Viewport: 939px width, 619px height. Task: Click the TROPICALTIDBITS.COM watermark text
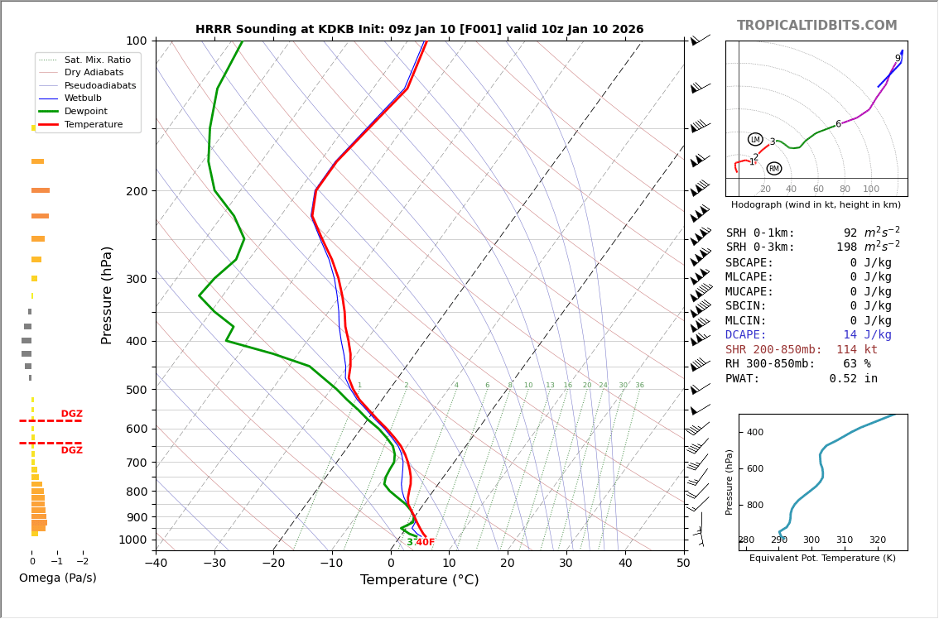pyautogui.click(x=816, y=26)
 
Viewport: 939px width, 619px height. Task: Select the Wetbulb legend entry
pyautogui.click(x=83, y=98)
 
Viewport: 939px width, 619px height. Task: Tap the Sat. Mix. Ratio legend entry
pyautogui.click(x=97, y=60)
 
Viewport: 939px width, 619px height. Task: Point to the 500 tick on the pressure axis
pyautogui.click(x=137, y=390)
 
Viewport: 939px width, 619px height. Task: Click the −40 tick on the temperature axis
pyautogui.click(x=156, y=564)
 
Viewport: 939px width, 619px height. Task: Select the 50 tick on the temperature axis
pyautogui.click(x=683, y=564)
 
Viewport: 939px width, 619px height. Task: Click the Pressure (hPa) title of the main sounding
pyautogui.click(x=107, y=295)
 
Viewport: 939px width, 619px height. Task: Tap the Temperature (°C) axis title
pyautogui.click(x=419, y=580)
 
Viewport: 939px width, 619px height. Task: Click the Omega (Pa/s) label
pyautogui.click(x=57, y=578)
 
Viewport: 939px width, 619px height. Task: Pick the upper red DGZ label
pyautogui.click(x=71, y=414)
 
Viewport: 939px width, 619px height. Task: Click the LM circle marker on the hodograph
pyautogui.click(x=755, y=140)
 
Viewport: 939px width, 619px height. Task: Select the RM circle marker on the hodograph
pyautogui.click(x=773, y=169)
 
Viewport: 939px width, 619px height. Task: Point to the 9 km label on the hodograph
pyautogui.click(x=897, y=59)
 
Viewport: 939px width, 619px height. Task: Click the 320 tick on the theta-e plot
pyautogui.click(x=877, y=540)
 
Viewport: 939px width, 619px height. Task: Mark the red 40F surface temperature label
pyautogui.click(x=425, y=543)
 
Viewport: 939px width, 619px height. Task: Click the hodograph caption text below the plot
pyautogui.click(x=816, y=204)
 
